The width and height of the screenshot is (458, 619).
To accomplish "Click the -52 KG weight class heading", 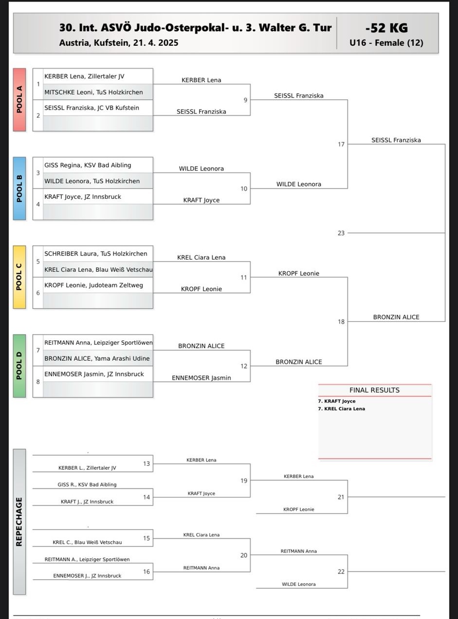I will tap(386, 28).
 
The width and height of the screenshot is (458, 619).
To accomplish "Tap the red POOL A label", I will tap(19, 100).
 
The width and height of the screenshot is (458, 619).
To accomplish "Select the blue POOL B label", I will tap(19, 188).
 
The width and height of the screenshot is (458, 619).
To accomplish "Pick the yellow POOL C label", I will tap(19, 277).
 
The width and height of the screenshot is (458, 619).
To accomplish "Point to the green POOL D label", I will tap(19, 366).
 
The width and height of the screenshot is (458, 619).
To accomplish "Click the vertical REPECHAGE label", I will tap(19, 521).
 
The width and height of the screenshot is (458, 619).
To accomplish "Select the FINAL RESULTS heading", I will tap(374, 390).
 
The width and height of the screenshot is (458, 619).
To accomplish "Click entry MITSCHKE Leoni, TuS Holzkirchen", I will tap(93, 92).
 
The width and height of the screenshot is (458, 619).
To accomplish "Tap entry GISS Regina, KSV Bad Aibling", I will tap(88, 165).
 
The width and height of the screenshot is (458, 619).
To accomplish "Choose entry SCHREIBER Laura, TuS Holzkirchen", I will tap(95, 254).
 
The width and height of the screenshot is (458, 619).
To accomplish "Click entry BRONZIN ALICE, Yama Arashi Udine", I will tap(97, 358).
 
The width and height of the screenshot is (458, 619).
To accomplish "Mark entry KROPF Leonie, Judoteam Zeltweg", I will tap(93, 285).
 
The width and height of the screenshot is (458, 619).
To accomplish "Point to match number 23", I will tap(341, 233).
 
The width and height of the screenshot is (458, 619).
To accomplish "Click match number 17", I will tap(341, 144).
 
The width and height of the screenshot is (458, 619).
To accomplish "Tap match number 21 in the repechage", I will tap(341, 497).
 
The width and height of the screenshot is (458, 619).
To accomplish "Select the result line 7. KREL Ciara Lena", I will tap(341, 409).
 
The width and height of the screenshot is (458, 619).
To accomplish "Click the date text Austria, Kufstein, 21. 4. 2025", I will tap(119, 43).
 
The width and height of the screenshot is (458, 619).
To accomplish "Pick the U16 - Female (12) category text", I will tap(386, 43).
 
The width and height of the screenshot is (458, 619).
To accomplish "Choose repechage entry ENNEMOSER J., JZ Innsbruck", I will tap(87, 576).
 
